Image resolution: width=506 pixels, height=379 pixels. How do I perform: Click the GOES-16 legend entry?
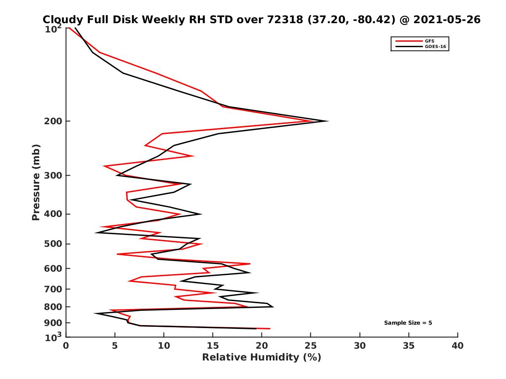coord(436,47)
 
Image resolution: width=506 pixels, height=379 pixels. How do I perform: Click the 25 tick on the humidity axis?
coord(311,346)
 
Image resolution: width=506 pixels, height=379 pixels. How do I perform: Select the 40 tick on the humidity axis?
coord(458,346)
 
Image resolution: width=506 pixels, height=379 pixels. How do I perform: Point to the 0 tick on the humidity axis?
coord(66,346)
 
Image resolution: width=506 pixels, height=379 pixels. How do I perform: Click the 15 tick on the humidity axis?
coord(213,346)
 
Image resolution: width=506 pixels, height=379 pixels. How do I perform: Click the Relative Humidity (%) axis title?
coord(261,358)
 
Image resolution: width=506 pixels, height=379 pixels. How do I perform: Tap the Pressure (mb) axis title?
coord(36,182)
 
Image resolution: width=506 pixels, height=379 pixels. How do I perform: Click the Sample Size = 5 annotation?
coord(408,323)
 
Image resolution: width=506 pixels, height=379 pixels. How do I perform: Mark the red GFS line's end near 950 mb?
coord(270,328)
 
